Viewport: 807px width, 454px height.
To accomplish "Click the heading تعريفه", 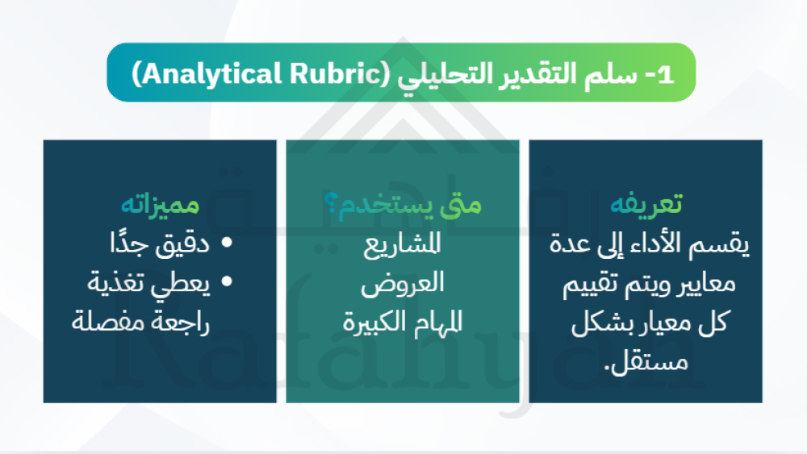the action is pos(646,203).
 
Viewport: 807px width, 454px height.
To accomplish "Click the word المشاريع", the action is pos(403,244).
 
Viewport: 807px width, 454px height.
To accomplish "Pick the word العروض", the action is pos(403,283).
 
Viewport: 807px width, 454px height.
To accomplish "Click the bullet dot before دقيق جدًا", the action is pos(227,242).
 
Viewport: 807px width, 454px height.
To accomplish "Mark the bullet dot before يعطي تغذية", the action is pos(227,281).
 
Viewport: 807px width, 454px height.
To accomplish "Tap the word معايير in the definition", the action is pos(708,284).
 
